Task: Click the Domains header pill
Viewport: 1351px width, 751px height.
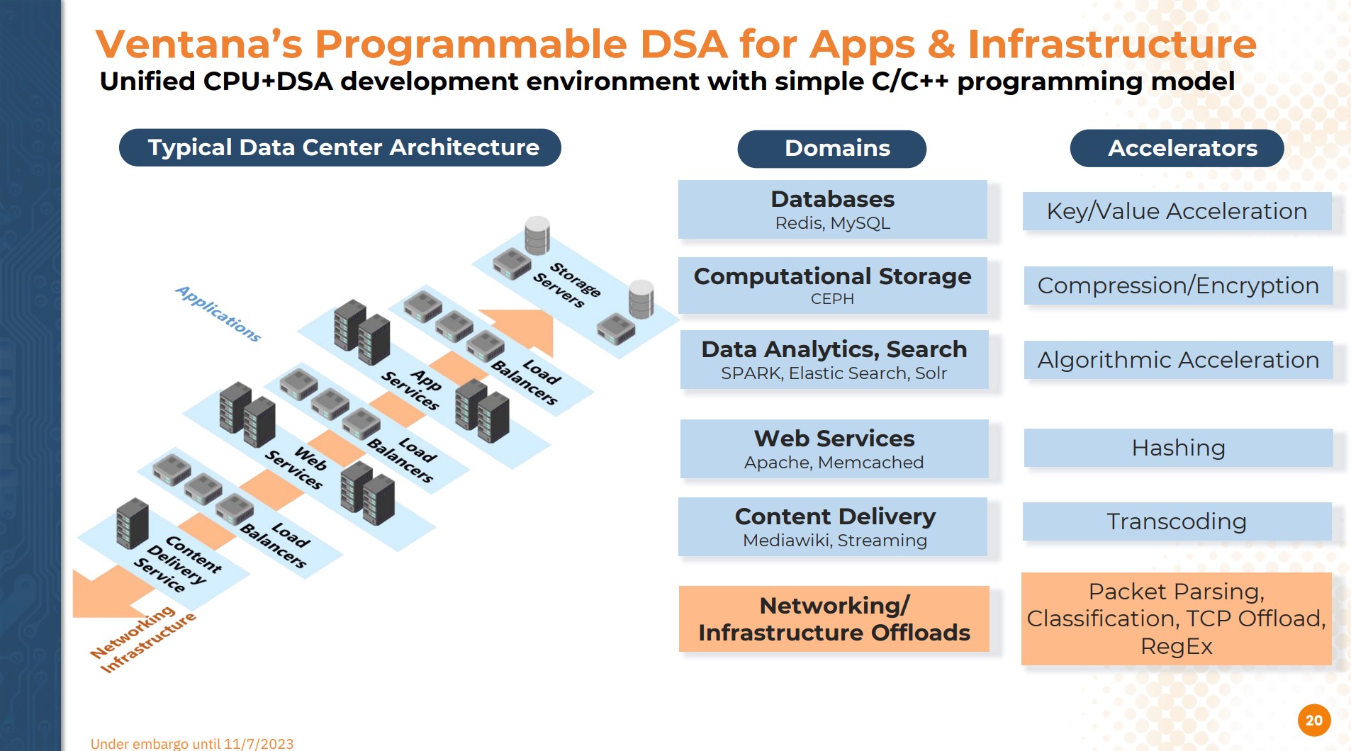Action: click(831, 149)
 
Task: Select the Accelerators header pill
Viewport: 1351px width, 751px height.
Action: click(1177, 149)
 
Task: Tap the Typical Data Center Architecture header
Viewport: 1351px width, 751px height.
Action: click(340, 147)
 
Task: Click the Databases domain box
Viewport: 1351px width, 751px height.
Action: click(832, 209)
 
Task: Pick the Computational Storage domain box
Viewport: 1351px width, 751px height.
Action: click(832, 286)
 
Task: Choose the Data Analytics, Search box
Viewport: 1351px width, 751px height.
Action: click(834, 360)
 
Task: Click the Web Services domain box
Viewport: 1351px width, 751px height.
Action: click(834, 449)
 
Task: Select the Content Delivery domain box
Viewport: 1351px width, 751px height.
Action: click(834, 527)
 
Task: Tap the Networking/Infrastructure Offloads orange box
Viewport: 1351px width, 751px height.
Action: click(834, 619)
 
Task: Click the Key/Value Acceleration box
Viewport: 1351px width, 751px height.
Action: click(1177, 211)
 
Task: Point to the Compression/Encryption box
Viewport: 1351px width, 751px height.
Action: click(1178, 286)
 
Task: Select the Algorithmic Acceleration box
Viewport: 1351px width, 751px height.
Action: click(1178, 360)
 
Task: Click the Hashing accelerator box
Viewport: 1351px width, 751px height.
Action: click(1178, 448)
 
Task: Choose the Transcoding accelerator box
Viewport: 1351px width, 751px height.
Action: click(1177, 521)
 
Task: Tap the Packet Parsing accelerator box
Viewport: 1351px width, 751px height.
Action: click(1176, 619)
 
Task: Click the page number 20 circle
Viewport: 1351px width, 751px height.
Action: click(1314, 721)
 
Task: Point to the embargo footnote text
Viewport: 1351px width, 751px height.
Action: click(192, 743)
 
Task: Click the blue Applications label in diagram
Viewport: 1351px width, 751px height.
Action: click(218, 314)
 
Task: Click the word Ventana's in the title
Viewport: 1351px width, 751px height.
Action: click(199, 44)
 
